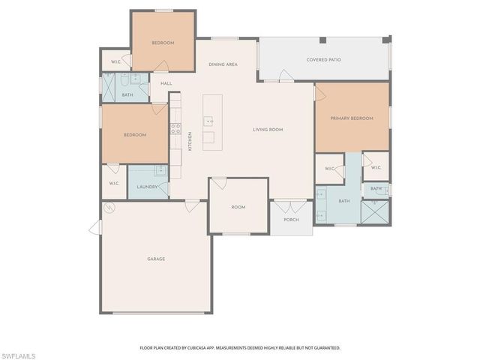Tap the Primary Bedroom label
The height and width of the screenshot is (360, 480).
[x=352, y=118]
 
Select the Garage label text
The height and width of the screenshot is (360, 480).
[x=155, y=259]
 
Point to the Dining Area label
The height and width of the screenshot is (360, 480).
[x=223, y=64]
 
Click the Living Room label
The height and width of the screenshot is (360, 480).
[x=267, y=130]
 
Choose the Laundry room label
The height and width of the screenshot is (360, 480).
[x=147, y=188]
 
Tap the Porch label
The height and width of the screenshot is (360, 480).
[x=291, y=220]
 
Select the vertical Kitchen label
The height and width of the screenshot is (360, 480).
[x=190, y=141]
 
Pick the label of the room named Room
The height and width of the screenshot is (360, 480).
[x=238, y=207]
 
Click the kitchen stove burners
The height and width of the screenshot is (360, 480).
[x=175, y=128]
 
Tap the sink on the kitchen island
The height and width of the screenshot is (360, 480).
[x=208, y=120]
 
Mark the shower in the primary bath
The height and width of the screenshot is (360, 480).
[x=375, y=212]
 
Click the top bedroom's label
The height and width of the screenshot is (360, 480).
[x=163, y=43]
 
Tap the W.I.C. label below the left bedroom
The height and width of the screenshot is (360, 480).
[x=114, y=183]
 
